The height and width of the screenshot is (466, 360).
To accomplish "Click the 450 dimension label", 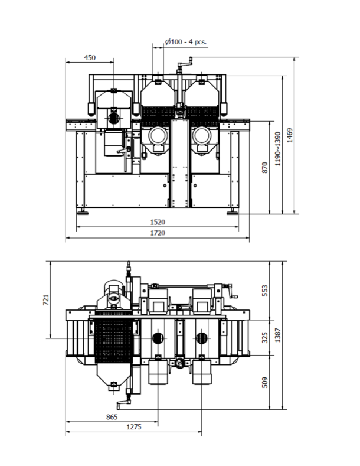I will pyautogui.click(x=90, y=58).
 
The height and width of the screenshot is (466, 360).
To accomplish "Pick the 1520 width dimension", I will pyautogui.click(x=158, y=223).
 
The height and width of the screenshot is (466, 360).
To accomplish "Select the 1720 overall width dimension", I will pyautogui.click(x=158, y=233).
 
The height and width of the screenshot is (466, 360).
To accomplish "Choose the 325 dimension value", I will pyautogui.click(x=265, y=337).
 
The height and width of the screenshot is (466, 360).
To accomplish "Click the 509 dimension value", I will pyautogui.click(x=265, y=382).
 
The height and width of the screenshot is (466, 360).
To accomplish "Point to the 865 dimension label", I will pyautogui.click(x=111, y=417).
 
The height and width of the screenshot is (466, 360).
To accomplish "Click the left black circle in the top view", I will pyautogui.click(x=158, y=338).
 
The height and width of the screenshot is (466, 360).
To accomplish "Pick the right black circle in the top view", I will pyautogui.click(x=202, y=338).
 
